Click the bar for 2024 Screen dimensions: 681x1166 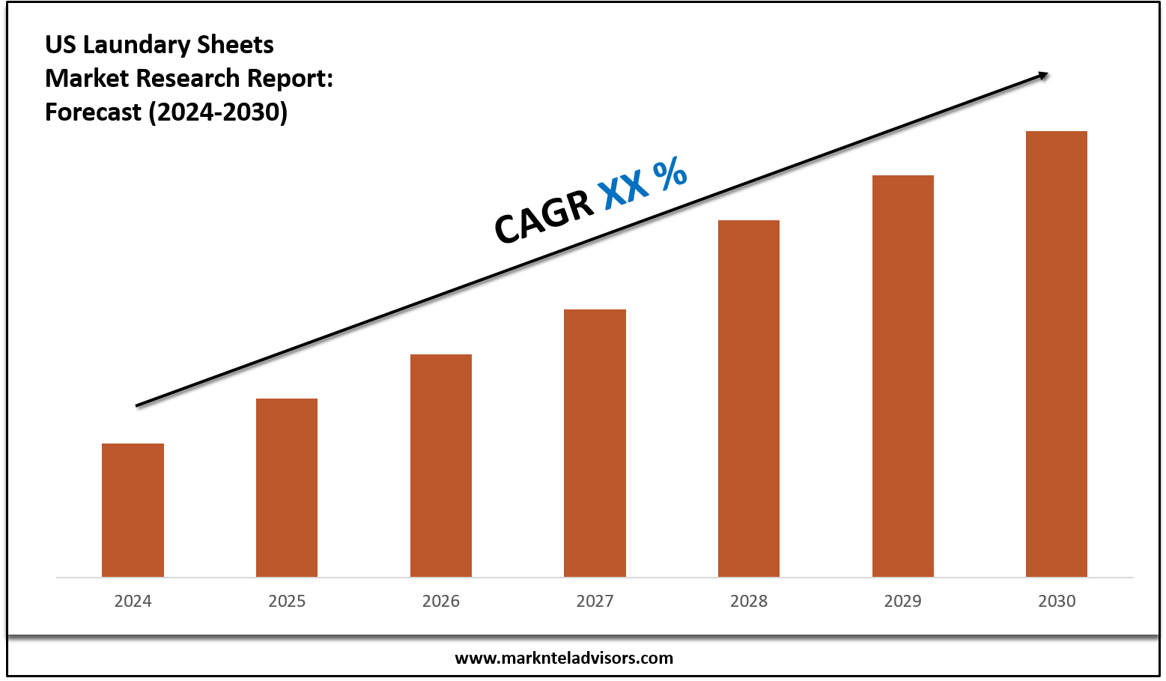(x=133, y=510)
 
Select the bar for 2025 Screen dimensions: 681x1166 (x=287, y=488)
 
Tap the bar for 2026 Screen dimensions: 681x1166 (x=441, y=465)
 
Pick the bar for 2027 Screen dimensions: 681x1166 (x=595, y=443)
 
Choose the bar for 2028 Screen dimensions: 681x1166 (x=749, y=399)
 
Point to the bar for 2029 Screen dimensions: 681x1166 (x=902, y=376)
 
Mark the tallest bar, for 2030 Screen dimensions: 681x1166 (x=1057, y=354)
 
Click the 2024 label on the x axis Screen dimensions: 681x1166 (x=133, y=601)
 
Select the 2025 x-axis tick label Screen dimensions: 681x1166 (x=287, y=601)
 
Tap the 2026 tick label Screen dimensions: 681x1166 (x=441, y=601)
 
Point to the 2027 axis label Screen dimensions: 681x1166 (x=595, y=601)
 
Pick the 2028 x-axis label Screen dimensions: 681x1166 (x=749, y=601)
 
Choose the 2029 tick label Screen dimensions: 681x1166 (x=902, y=601)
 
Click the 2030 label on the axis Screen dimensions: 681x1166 (x=1057, y=601)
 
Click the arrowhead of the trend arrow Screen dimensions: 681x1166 (x=1042, y=75)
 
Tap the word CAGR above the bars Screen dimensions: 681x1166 (x=544, y=217)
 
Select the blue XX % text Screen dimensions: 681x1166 (x=643, y=181)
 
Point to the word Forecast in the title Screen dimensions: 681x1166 (x=93, y=112)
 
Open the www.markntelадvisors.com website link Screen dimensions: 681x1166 (x=564, y=659)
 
